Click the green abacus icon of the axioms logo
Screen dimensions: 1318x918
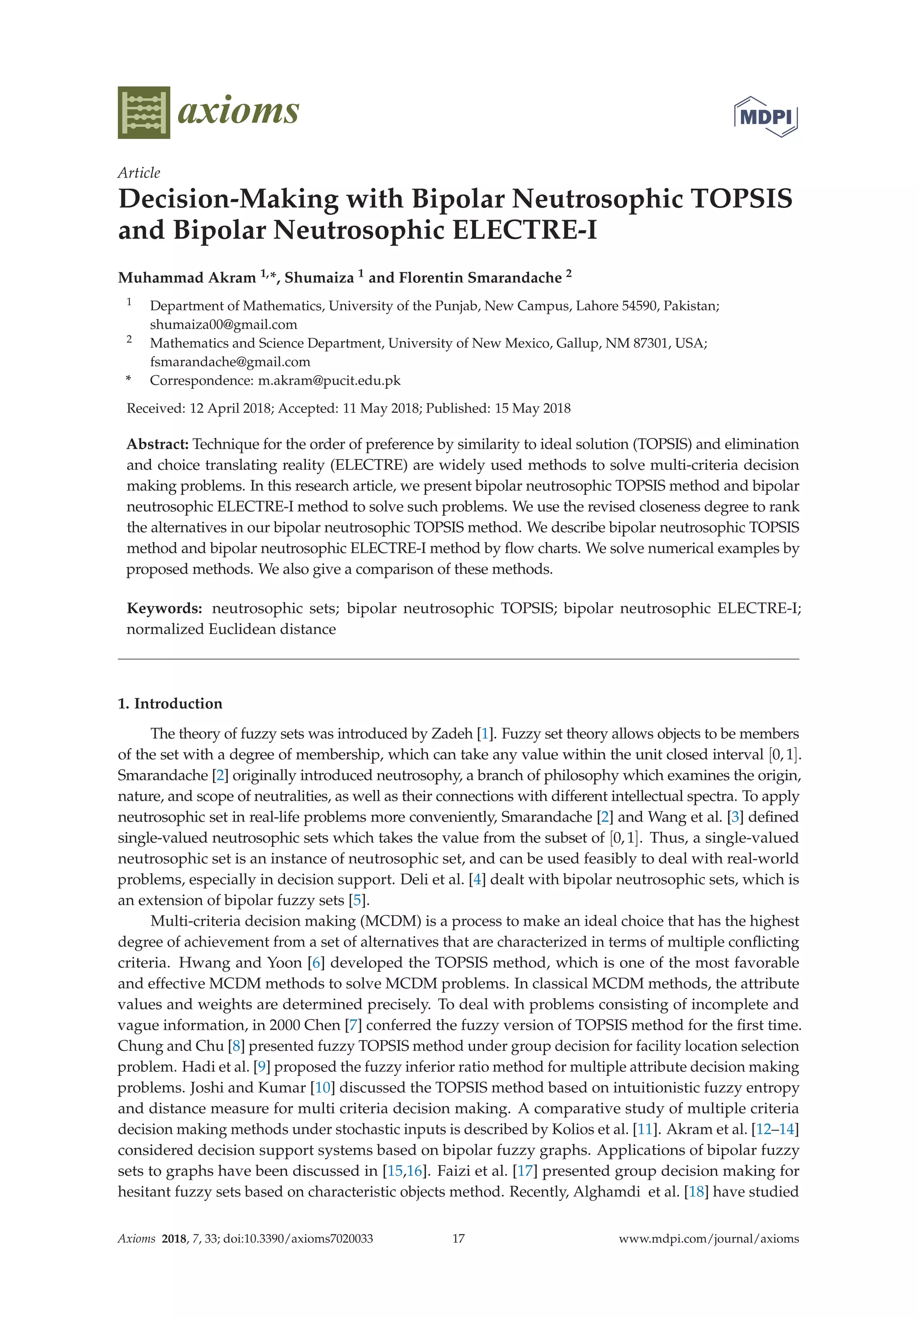(x=143, y=113)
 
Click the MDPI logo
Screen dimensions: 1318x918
(x=766, y=117)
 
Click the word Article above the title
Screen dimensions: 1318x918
(x=139, y=173)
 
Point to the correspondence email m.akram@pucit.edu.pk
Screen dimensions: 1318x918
(x=329, y=381)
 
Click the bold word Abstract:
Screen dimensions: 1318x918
(x=157, y=444)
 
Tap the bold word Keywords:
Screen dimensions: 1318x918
(x=164, y=608)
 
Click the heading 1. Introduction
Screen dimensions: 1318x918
(x=170, y=704)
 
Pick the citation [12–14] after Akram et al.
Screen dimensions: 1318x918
(x=775, y=1129)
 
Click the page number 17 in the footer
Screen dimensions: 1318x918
(x=458, y=1238)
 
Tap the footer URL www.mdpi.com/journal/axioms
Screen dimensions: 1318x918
(x=709, y=1238)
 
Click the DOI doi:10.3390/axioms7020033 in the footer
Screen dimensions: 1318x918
(x=298, y=1238)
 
